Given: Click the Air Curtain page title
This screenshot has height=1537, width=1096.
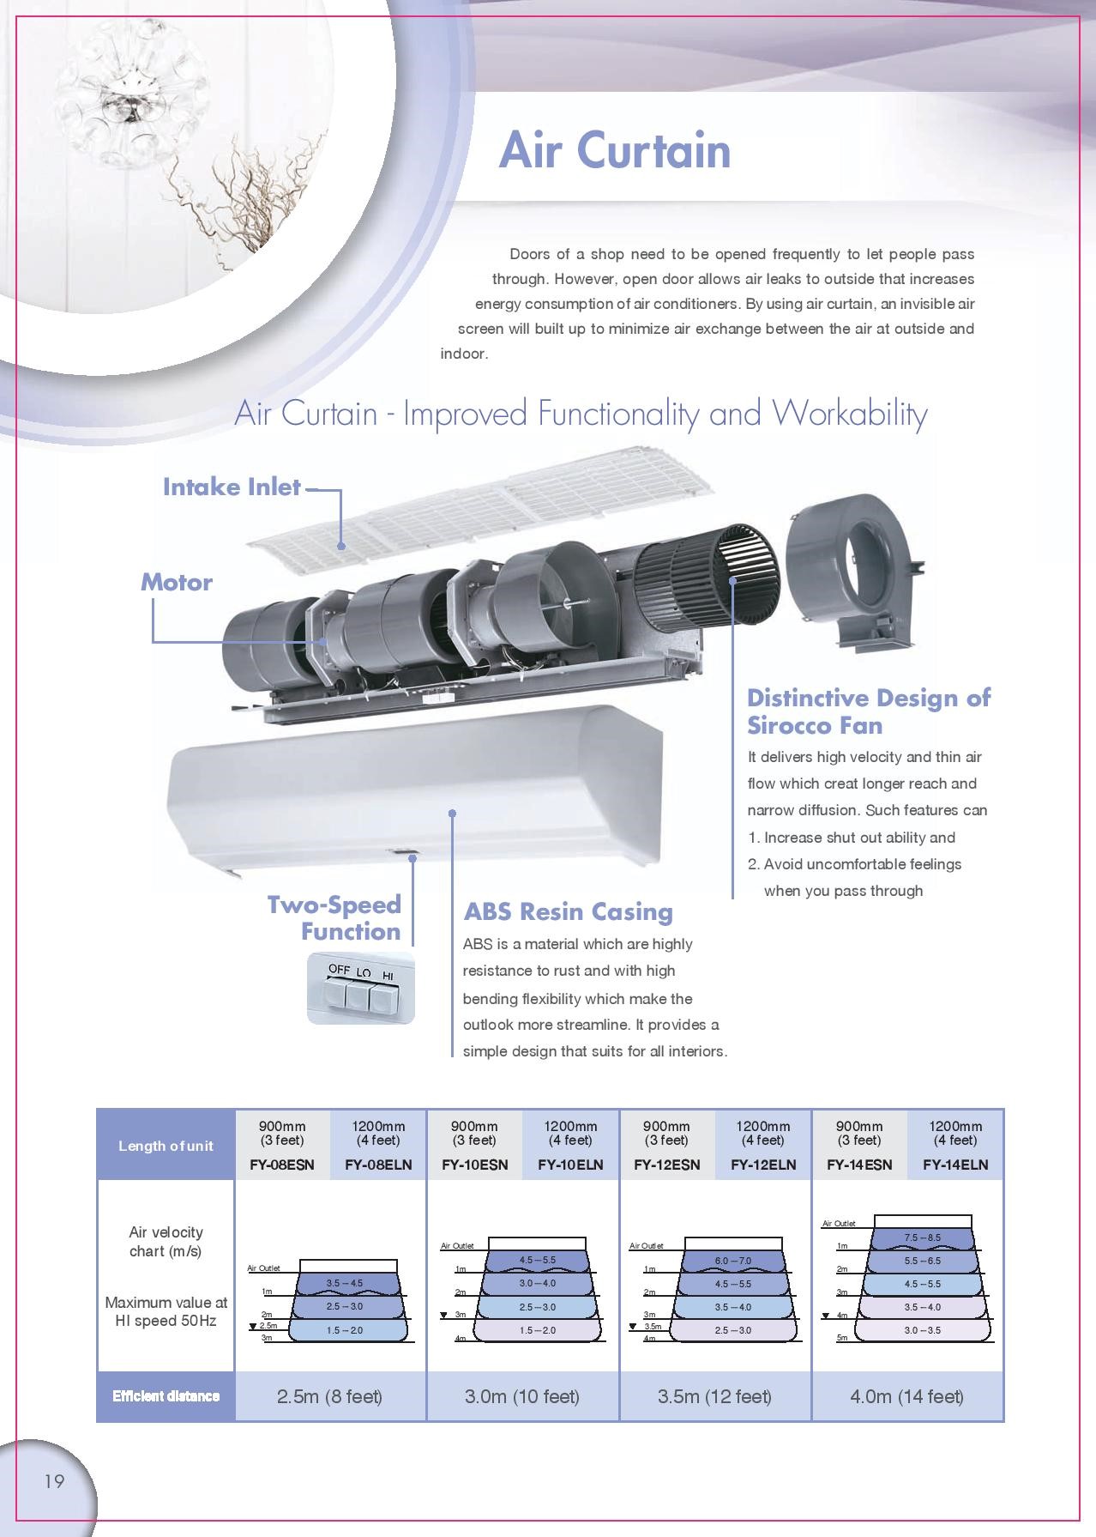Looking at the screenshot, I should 614,150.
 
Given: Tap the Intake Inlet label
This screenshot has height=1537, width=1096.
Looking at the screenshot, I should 232,487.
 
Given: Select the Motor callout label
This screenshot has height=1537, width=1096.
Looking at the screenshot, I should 176,582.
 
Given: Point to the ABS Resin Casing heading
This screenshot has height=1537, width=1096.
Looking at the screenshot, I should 568,911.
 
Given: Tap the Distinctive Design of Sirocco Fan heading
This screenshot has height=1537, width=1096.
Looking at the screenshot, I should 868,711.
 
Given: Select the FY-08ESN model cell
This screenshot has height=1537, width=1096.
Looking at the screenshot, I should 282,1165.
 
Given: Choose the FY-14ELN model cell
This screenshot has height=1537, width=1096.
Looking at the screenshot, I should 955,1165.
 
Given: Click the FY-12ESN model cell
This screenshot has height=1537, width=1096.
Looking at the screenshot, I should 666,1165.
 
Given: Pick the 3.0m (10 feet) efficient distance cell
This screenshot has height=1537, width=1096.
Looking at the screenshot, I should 522,1396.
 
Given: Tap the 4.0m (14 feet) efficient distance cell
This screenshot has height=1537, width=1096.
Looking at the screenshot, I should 906,1396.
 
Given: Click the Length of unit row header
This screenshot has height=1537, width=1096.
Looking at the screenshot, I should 166,1146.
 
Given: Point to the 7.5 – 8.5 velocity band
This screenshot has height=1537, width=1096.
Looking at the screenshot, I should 922,1237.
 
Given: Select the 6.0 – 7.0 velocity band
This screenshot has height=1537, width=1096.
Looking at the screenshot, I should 732,1261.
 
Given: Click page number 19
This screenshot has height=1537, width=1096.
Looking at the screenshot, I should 53,1481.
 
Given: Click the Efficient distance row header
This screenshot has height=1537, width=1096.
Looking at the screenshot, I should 166,1396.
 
